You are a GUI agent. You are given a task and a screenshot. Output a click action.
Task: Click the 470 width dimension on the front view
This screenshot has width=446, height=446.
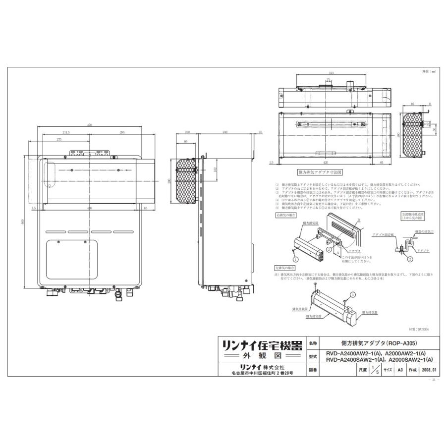pos(90,126)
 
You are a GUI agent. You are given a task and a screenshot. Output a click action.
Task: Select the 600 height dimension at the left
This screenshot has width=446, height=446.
pos(23,223)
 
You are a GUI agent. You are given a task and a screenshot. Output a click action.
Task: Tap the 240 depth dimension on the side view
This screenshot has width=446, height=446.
pos(225,132)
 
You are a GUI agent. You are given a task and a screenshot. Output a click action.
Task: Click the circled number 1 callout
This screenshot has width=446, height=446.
pos(295,259)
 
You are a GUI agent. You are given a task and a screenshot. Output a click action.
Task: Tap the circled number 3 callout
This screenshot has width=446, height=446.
pos(352,294)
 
